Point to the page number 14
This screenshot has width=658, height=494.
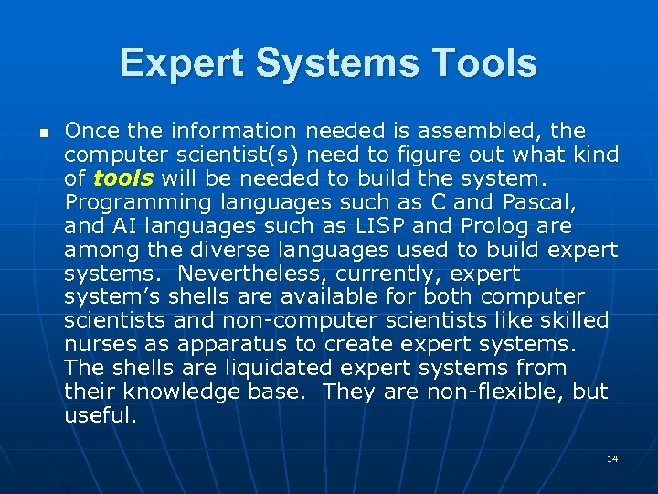[612, 457]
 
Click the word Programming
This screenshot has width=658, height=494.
[128, 202]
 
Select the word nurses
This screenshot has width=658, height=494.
[99, 345]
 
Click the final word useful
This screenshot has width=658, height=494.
[100, 416]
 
